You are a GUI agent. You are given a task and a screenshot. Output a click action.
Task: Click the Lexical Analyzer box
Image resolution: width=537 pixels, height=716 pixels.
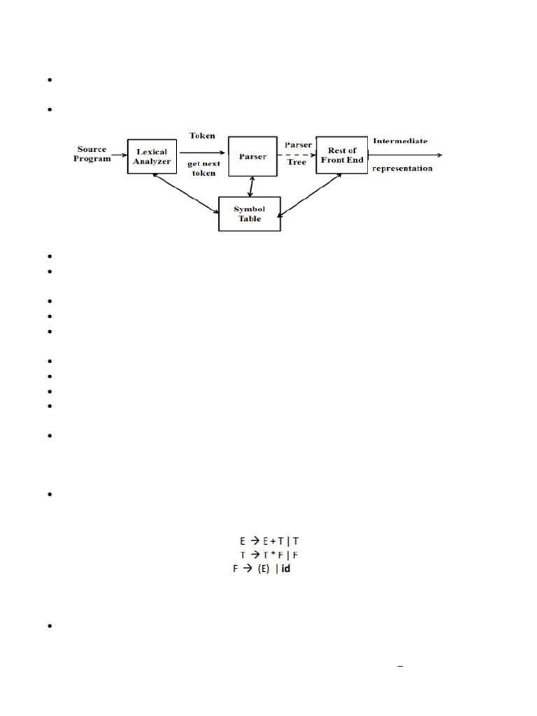pyautogui.click(x=152, y=157)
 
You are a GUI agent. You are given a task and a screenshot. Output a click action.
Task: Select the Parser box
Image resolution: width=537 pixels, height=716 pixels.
pyautogui.click(x=252, y=157)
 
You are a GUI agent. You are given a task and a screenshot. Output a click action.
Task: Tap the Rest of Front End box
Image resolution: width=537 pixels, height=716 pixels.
pyautogui.click(x=342, y=155)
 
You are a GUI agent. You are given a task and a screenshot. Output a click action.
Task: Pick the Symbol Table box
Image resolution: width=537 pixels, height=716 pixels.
pyautogui.click(x=250, y=213)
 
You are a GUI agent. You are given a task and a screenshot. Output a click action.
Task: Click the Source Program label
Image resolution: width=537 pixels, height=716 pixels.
pyautogui.click(x=94, y=154)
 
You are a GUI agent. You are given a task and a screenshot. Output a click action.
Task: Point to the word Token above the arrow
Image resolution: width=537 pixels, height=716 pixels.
pyautogui.click(x=202, y=136)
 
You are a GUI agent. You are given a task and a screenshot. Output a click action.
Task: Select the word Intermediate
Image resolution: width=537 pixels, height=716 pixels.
pyautogui.click(x=400, y=141)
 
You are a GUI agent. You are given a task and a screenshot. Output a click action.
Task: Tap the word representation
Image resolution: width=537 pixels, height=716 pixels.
pyautogui.click(x=402, y=169)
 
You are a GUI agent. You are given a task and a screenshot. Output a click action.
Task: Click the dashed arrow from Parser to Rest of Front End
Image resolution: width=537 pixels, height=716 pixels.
pyautogui.click(x=296, y=155)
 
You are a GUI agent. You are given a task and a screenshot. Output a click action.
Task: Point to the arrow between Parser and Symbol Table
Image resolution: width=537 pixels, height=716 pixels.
pyautogui.click(x=250, y=186)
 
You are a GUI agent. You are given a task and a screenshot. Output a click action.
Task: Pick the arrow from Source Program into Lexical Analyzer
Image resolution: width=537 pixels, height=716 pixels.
pyautogui.click(x=119, y=156)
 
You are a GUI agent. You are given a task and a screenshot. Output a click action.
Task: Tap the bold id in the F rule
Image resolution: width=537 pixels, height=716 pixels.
pyautogui.click(x=285, y=569)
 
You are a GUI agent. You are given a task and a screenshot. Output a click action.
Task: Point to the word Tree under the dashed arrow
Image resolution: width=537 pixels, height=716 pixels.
pyautogui.click(x=296, y=162)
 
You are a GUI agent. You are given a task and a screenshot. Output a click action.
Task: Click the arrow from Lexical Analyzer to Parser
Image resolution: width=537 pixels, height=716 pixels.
pyautogui.click(x=203, y=152)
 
